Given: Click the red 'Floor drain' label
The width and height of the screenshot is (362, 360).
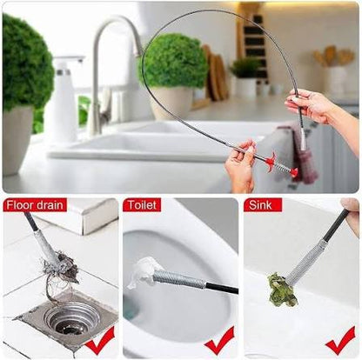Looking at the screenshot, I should tap(35, 206).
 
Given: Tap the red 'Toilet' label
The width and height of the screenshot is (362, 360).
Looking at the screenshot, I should tap(142, 206).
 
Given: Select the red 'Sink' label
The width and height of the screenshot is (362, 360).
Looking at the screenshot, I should tap(262, 206).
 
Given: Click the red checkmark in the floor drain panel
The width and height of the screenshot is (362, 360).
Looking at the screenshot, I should tap(99, 339).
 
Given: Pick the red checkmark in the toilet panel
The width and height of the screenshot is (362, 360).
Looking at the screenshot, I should tap(218, 339).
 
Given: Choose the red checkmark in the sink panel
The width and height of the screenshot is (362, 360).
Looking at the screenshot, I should tap(339, 339).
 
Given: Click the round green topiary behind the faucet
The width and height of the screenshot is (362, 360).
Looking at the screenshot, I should tap(173, 61).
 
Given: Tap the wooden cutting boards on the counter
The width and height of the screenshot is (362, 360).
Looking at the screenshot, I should tap(214, 75).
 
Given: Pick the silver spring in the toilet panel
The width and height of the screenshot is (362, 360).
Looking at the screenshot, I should tap(179, 279).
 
